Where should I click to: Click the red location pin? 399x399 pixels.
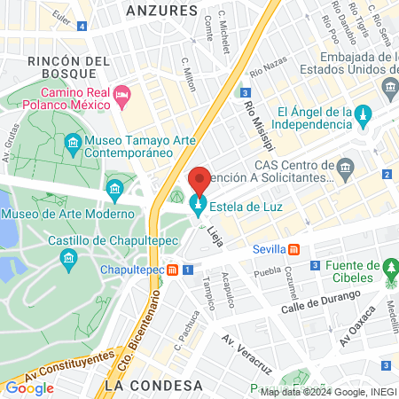[x=199, y=182]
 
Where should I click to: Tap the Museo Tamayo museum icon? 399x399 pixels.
[x=72, y=142]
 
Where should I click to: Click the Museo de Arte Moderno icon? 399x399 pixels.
[x=114, y=189]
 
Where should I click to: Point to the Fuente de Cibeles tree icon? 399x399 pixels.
[x=389, y=268]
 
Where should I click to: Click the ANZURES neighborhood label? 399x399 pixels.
[x=161, y=11]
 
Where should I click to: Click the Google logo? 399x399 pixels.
[x=29, y=387]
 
